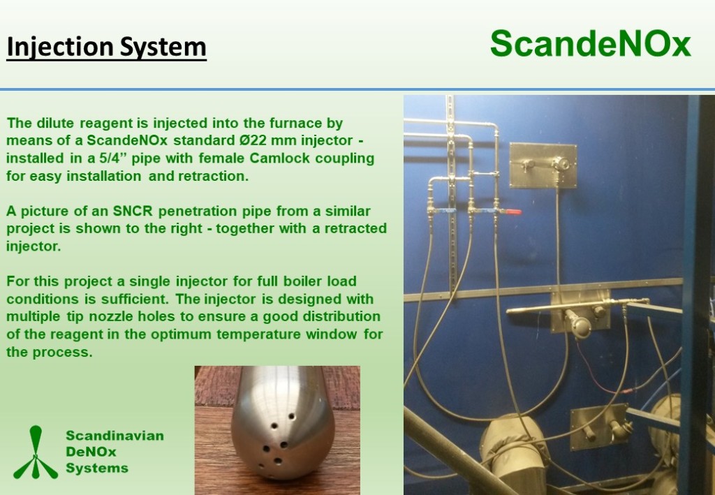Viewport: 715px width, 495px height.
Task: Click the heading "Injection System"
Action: click(x=106, y=47)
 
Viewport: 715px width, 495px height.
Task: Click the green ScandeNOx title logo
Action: click(x=591, y=44)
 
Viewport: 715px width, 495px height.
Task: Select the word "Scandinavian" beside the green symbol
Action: click(x=115, y=436)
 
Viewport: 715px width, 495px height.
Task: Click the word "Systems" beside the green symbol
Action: click(x=97, y=468)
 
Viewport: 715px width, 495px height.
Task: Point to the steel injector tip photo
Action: click(x=277, y=430)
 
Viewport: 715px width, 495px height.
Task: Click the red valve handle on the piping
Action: click(x=513, y=212)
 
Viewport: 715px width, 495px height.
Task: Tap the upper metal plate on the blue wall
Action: click(x=543, y=165)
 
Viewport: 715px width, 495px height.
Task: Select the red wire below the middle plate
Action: click(x=602, y=374)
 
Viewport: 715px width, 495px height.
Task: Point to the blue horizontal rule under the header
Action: click(x=357, y=89)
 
